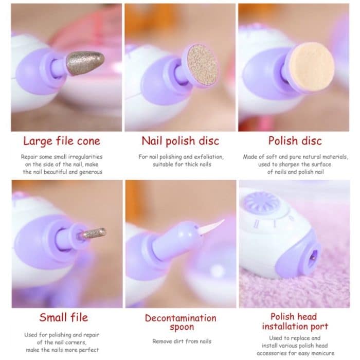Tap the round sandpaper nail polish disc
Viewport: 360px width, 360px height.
pyautogui.click(x=200, y=66)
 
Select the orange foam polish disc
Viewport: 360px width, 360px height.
pyautogui.click(x=311, y=67)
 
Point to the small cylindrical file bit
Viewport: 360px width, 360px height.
pyautogui.click(x=93, y=233)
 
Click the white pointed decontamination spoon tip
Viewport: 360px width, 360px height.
pyautogui.click(x=213, y=225)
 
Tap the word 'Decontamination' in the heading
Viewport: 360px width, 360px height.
pyautogui.click(x=180, y=318)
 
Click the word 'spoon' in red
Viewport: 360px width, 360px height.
pyautogui.click(x=180, y=327)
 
